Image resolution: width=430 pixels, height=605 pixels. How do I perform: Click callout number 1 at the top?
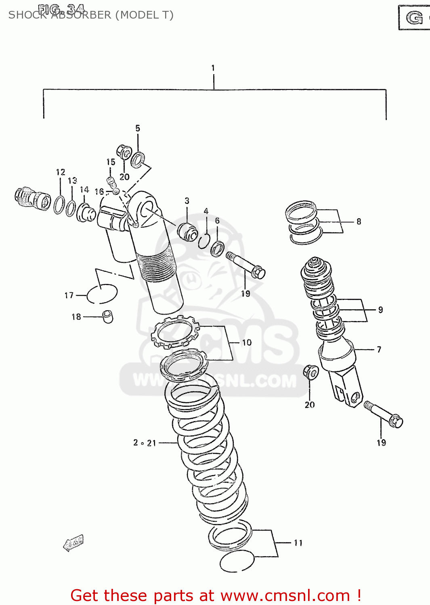tap(213, 68)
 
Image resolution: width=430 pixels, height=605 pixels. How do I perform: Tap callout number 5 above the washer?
tap(138, 128)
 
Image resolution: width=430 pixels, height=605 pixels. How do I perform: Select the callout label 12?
tap(61, 172)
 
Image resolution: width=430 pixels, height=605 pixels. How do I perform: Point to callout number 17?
tap(69, 296)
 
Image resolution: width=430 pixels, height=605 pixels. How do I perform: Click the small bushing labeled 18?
tap(108, 316)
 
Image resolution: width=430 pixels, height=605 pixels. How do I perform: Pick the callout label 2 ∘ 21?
tap(145, 443)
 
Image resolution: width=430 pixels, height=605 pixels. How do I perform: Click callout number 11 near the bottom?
tap(298, 543)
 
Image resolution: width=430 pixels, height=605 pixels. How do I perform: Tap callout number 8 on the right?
tap(359, 221)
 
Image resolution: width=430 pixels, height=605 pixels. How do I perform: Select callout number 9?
tap(380, 310)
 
